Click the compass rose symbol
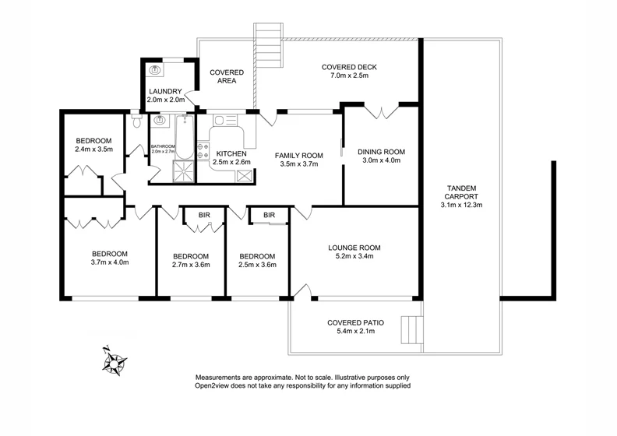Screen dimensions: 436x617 115,362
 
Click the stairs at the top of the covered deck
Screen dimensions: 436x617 269,44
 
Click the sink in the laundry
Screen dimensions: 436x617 155,71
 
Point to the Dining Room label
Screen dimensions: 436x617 382,152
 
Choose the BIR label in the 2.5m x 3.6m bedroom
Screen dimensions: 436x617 270,215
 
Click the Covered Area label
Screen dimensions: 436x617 227,76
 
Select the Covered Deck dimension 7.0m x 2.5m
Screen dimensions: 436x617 349,77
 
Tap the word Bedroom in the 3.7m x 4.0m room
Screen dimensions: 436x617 110,254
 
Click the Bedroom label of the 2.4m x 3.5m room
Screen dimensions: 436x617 93,140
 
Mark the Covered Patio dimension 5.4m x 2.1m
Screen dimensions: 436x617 353,332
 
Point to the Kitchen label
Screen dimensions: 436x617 231,154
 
